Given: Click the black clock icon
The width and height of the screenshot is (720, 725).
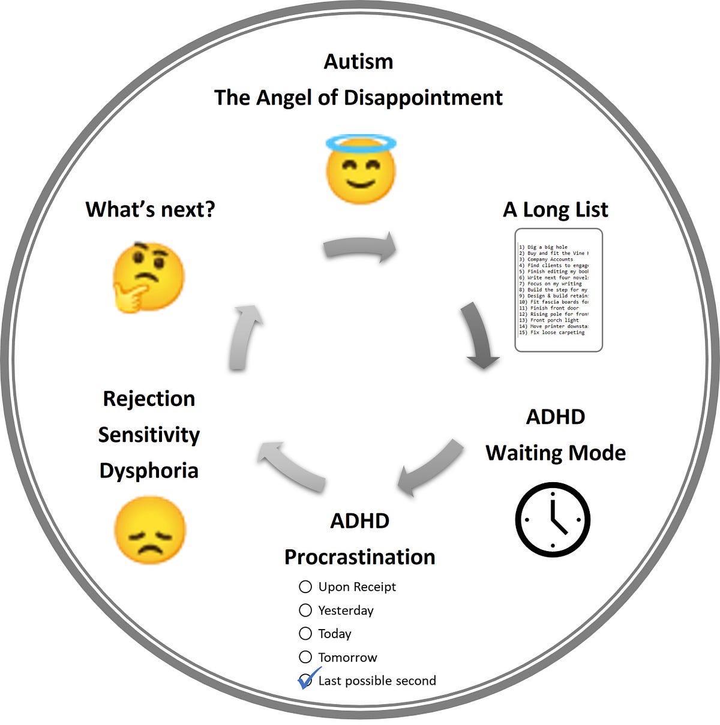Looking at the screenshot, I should pyautogui.click(x=553, y=519).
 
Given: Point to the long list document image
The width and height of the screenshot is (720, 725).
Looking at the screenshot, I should pyautogui.click(x=559, y=290).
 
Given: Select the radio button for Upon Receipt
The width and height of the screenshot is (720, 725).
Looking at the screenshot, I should pyautogui.click(x=305, y=586).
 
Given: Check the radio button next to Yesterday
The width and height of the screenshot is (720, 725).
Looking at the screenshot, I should pyautogui.click(x=305, y=610).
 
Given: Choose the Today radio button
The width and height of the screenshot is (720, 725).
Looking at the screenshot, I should pyautogui.click(x=305, y=633).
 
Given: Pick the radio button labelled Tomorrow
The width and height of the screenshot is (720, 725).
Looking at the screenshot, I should pyautogui.click(x=305, y=657).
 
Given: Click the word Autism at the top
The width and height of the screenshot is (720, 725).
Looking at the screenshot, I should pyautogui.click(x=359, y=61).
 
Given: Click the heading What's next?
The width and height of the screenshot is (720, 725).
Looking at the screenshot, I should pyautogui.click(x=150, y=209).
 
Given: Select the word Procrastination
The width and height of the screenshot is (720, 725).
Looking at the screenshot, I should pyautogui.click(x=359, y=556).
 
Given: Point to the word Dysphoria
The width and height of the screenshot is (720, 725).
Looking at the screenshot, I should pyautogui.click(x=149, y=471).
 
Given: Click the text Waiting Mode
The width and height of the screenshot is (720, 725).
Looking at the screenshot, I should pyautogui.click(x=556, y=453).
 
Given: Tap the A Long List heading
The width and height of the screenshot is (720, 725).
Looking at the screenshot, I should pyautogui.click(x=556, y=209).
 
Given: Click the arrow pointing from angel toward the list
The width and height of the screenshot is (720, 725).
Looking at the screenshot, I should pyautogui.click(x=361, y=248).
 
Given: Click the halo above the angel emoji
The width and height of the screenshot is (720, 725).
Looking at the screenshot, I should pyautogui.click(x=361, y=143).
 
